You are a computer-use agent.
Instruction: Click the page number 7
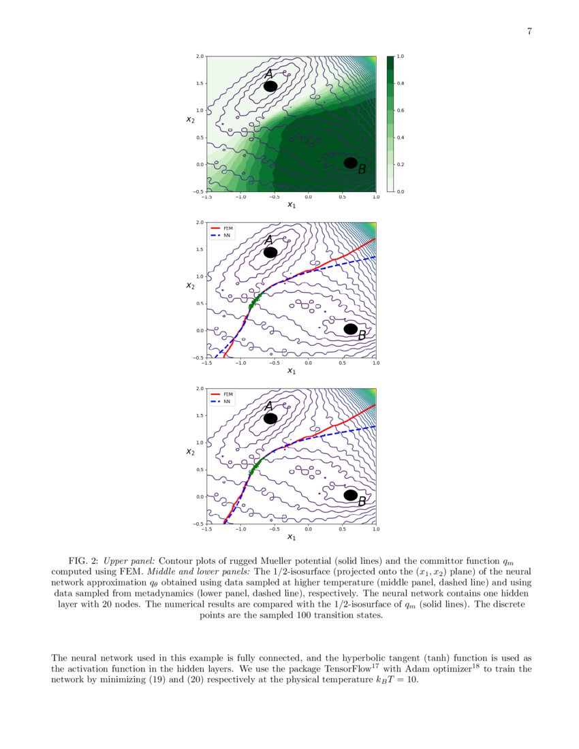pos(529,31)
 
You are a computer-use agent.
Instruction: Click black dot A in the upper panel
pos(270,86)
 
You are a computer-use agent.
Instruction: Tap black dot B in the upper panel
pos(350,163)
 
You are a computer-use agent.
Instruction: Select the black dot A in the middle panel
pos(270,252)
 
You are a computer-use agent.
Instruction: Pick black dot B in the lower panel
pos(350,495)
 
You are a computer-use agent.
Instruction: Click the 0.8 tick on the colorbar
pos(400,83)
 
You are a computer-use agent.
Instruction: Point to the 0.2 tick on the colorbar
pos(400,165)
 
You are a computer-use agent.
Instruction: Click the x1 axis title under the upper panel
pos(291,204)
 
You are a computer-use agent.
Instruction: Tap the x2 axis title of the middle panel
pos(191,285)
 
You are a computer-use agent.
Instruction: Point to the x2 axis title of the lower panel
pos(191,451)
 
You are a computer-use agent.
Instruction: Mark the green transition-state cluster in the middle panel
pos(255,302)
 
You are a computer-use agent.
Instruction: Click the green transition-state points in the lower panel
pos(255,467)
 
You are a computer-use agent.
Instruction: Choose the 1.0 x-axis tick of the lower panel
pos(375,528)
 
